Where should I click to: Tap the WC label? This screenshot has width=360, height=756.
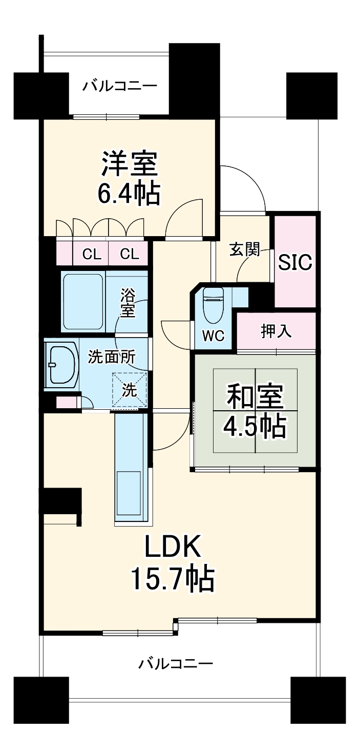click(x=213, y=336)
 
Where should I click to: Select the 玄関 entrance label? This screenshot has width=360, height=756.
click(x=245, y=250)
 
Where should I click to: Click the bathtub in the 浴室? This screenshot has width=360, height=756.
click(x=83, y=302)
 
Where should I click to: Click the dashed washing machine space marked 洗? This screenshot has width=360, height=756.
click(x=129, y=390)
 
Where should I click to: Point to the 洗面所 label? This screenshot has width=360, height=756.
click(x=112, y=356)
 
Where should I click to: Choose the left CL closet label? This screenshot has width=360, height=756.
click(x=92, y=254)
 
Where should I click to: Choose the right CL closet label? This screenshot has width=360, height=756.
click(x=129, y=254)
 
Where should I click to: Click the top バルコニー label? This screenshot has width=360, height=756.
click(x=120, y=86)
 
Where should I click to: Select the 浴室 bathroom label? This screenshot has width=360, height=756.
click(x=128, y=303)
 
